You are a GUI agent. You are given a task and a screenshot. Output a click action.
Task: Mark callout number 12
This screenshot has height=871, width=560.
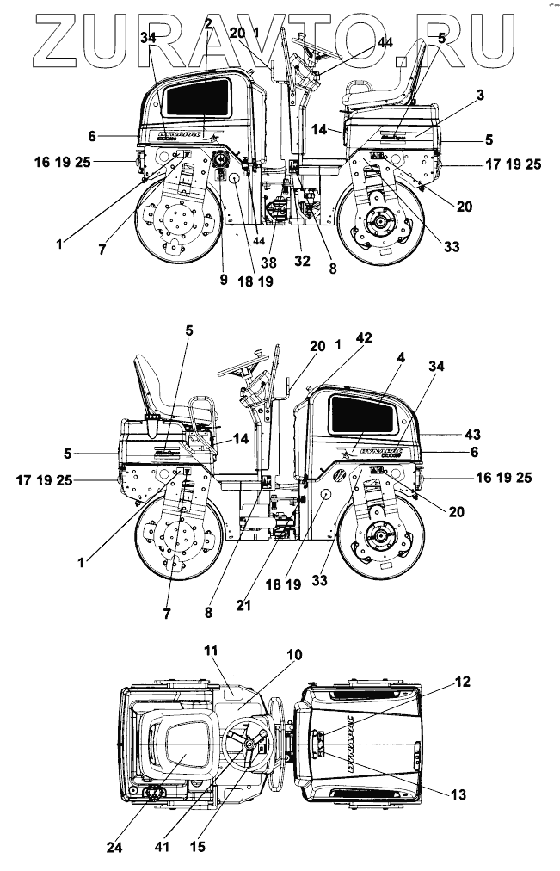click(x=463, y=682)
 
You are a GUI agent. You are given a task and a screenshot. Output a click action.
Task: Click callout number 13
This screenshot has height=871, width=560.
click(x=458, y=794)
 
